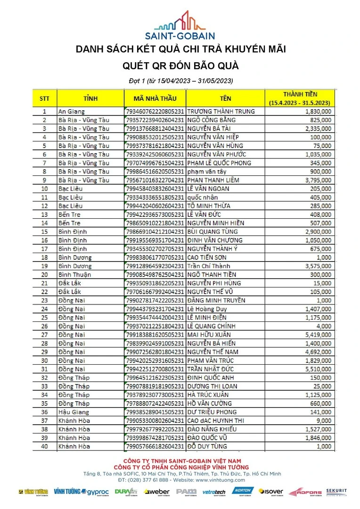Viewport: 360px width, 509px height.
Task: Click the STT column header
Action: coord(44,99)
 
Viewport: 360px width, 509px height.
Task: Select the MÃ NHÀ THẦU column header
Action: coord(155,99)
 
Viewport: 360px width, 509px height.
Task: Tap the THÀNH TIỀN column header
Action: coord(300,98)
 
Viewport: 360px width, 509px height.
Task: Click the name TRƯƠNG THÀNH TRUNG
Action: coord(221,112)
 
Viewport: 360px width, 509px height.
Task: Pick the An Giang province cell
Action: coord(71,112)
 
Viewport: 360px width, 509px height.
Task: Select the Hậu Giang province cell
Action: coord(74,412)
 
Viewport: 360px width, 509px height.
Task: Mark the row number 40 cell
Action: coord(44,446)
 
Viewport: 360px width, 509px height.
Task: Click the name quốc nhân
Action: coord(203,197)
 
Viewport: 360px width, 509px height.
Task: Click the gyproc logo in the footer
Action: coord(98,493)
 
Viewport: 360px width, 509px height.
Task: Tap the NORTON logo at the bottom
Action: coord(243,492)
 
